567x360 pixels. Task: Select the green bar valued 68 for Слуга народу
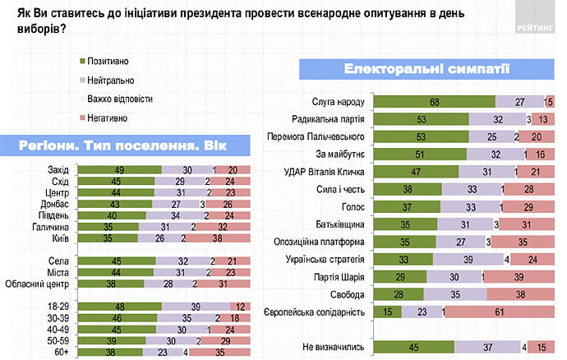435,101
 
